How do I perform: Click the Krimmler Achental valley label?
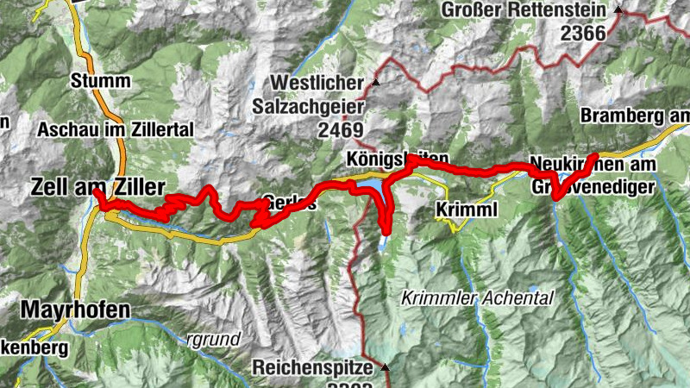click(x=476, y=298)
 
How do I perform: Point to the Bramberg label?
click(x=635, y=116)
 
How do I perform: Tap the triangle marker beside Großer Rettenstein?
click(x=618, y=10)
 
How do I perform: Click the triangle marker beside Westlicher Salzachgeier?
click(x=376, y=83)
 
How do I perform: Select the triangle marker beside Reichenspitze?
click(x=385, y=366)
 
